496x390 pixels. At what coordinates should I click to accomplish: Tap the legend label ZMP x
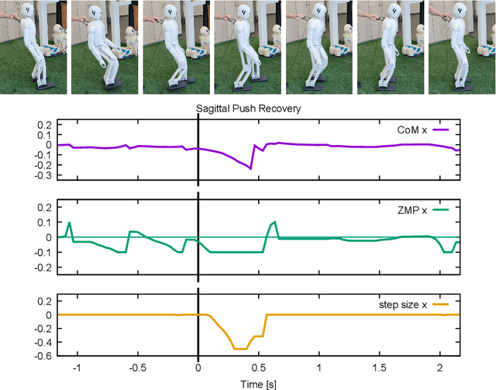click(x=415, y=209)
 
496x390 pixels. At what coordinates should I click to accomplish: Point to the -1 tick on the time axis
click(x=76, y=371)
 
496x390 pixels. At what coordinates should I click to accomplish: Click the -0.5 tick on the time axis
click(x=136, y=371)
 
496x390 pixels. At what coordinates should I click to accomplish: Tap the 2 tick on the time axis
click(x=439, y=371)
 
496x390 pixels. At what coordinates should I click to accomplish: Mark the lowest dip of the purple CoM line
click(x=251, y=168)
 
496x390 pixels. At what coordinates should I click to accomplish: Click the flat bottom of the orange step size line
click(x=241, y=349)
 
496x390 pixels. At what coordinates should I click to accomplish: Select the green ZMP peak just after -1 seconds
click(x=69, y=223)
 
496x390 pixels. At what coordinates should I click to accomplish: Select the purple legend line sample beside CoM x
click(x=441, y=128)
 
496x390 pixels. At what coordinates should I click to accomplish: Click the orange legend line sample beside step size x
click(x=441, y=304)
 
